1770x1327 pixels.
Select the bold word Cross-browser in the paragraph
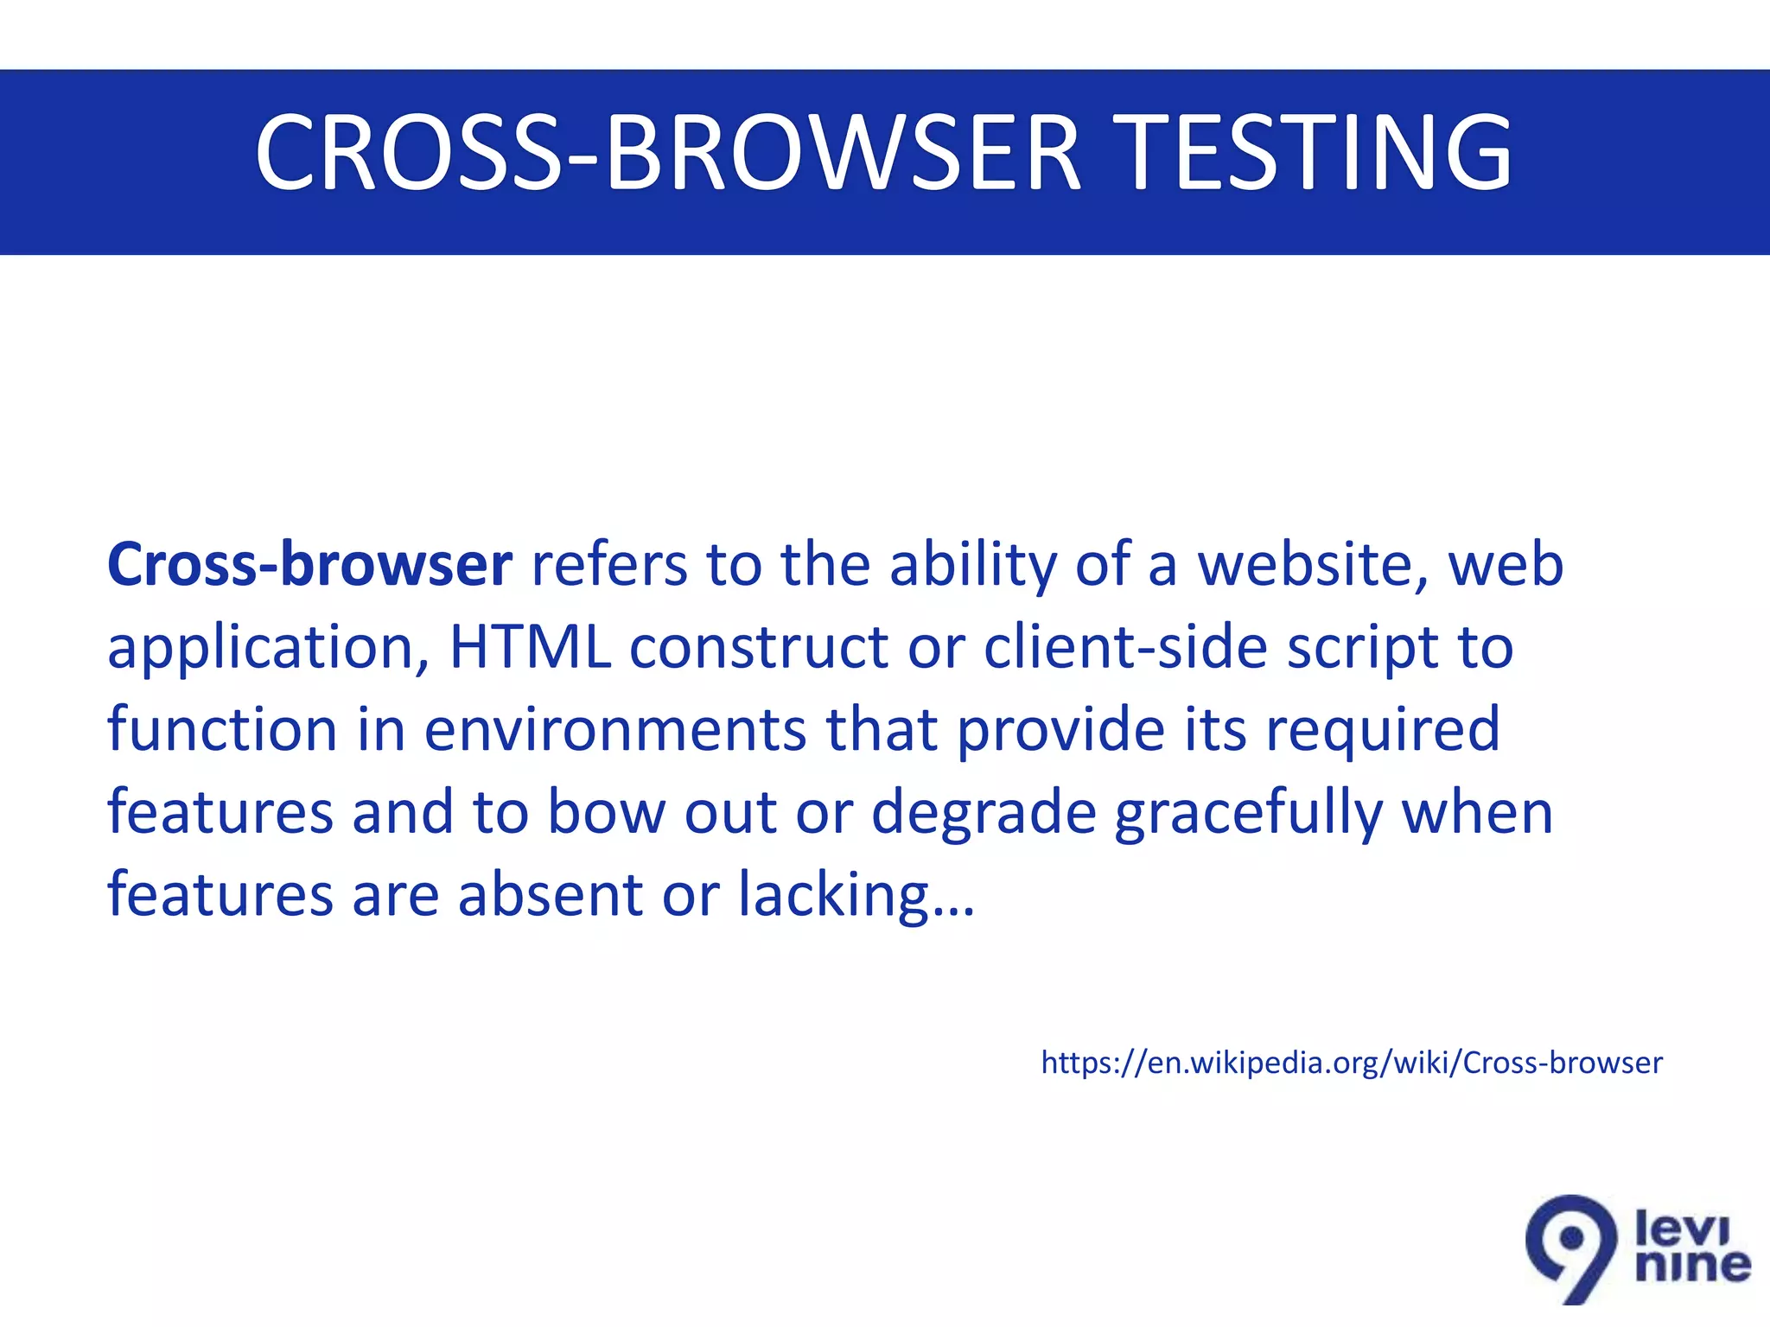[x=309, y=565]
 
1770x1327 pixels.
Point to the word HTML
[x=530, y=647]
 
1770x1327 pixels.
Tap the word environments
[x=615, y=730]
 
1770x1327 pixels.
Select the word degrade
[x=984, y=814]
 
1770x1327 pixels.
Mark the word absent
[x=550, y=895]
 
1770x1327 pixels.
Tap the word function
[x=222, y=730]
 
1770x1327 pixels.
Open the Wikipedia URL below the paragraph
[x=1351, y=1063]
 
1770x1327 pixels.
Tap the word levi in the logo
[x=1682, y=1228]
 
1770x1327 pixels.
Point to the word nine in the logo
[x=1693, y=1267]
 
